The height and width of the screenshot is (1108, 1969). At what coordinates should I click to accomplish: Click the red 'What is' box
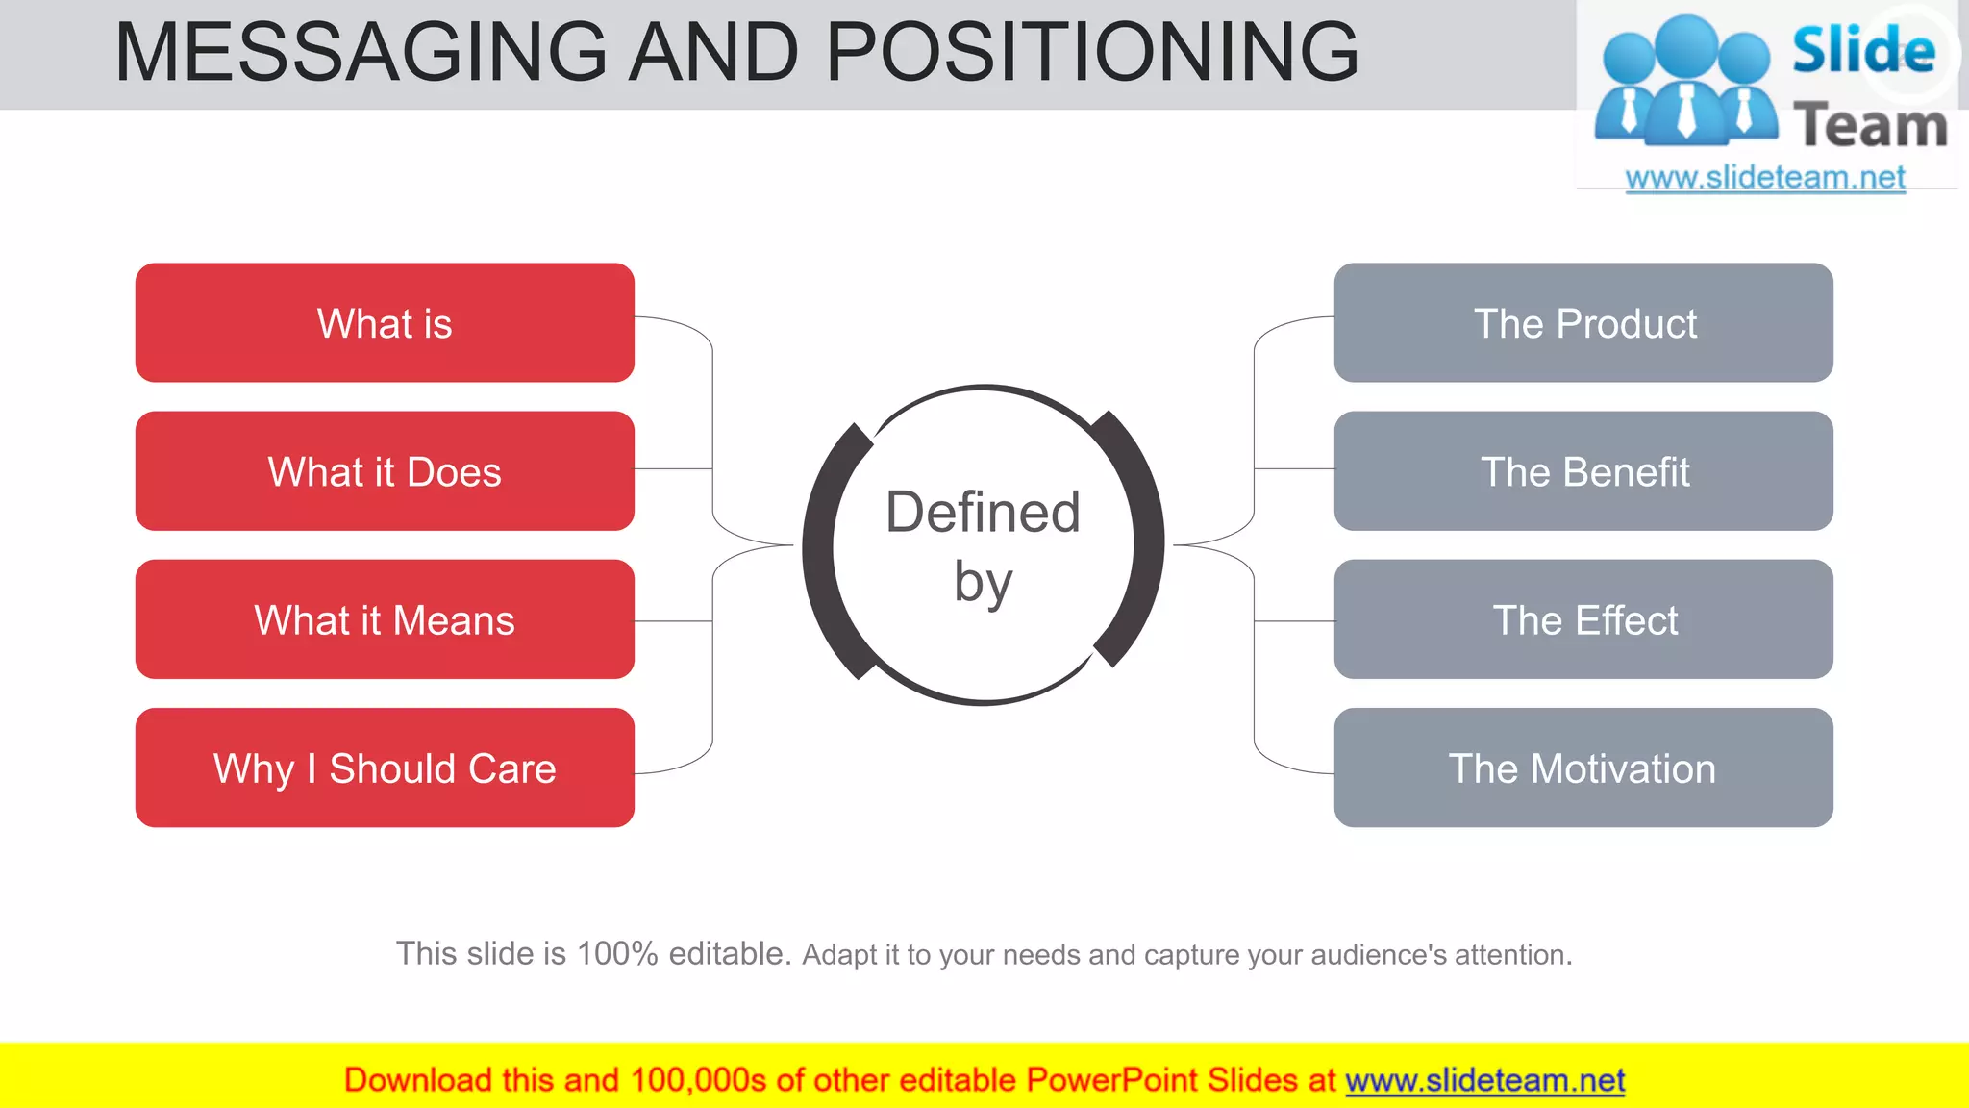(385, 323)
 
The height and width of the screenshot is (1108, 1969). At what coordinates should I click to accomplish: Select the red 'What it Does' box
(385, 471)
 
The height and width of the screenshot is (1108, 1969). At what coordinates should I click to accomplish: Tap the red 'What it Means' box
(385, 619)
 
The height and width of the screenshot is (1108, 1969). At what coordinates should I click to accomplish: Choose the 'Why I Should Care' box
(385, 768)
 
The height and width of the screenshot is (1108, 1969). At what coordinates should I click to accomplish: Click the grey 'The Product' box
(1583, 323)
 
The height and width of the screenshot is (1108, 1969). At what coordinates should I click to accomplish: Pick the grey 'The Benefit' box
(1583, 471)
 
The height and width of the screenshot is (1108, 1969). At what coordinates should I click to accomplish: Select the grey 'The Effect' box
(1583, 619)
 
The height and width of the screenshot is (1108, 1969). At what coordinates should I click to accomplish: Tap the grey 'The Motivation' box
(1583, 768)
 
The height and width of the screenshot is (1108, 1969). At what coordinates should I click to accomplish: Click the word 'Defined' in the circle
(983, 512)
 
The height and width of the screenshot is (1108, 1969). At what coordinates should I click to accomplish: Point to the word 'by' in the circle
(983, 583)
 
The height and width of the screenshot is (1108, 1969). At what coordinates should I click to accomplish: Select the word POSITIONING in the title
(1092, 52)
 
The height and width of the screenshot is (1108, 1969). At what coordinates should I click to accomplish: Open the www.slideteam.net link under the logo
(1765, 178)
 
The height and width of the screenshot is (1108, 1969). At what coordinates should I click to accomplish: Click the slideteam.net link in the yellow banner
(1484, 1080)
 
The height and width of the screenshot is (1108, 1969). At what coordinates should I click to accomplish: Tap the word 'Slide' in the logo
(1863, 50)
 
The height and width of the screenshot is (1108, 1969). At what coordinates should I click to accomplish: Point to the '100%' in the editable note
(616, 953)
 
